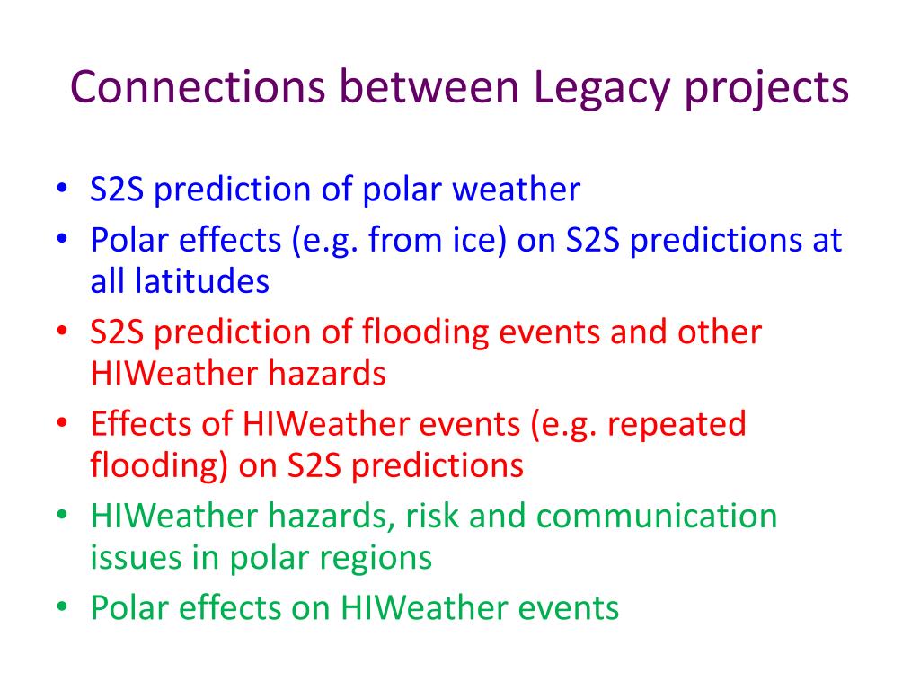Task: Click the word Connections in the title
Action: [x=198, y=87]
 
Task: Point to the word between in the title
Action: [x=429, y=87]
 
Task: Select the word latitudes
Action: [x=202, y=281]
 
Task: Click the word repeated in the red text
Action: [x=677, y=425]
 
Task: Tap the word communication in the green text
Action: [x=657, y=517]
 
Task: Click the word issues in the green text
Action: [x=136, y=557]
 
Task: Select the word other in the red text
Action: [x=720, y=332]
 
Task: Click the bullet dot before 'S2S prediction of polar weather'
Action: [x=62, y=189]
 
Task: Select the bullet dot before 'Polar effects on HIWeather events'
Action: [x=62, y=606]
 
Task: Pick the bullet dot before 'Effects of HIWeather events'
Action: [x=62, y=422]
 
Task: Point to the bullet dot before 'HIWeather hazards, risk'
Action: [x=62, y=515]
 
